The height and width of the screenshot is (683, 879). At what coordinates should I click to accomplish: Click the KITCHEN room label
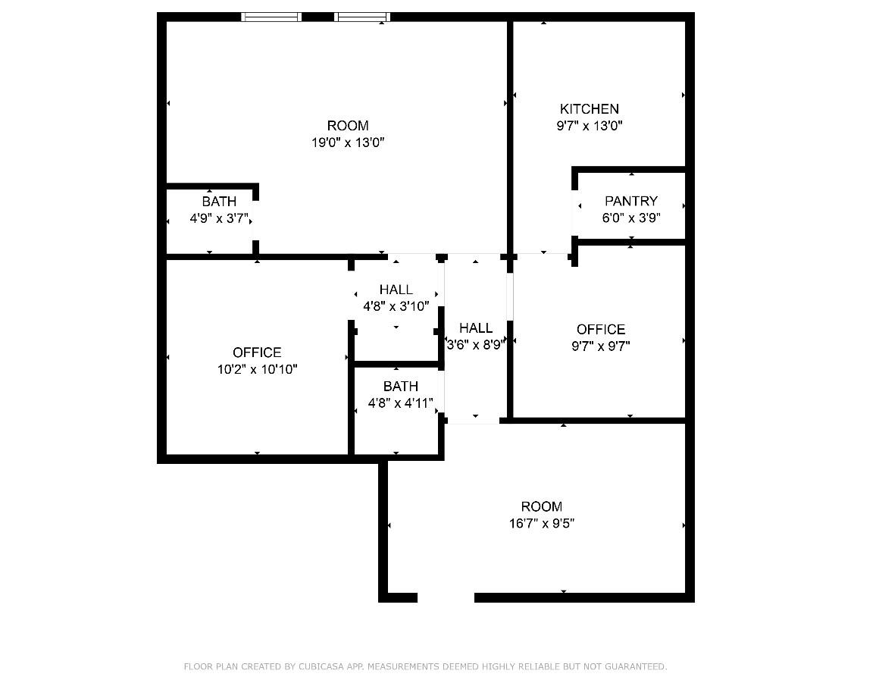(589, 109)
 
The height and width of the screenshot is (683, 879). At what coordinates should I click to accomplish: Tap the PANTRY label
(630, 201)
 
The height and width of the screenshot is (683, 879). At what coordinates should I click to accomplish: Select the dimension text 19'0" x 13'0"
(348, 143)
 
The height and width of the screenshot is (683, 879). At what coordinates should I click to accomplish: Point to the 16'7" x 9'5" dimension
(541, 523)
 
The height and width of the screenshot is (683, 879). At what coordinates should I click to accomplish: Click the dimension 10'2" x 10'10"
(257, 369)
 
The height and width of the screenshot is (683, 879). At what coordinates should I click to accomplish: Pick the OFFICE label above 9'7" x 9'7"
(600, 329)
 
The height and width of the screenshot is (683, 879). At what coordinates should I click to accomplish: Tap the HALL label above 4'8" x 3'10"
(396, 290)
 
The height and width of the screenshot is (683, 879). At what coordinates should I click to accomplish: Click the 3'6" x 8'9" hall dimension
(476, 345)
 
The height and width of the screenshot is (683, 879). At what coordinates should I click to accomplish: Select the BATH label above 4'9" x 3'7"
(219, 202)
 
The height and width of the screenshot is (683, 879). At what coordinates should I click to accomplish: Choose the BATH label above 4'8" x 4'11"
(400, 387)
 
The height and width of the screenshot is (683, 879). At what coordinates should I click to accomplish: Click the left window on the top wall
(271, 17)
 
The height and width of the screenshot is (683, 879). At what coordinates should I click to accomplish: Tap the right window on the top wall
(362, 17)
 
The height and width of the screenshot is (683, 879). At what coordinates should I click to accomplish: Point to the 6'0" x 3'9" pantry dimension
(630, 218)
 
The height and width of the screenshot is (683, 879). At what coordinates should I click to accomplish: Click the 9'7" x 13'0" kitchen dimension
(589, 126)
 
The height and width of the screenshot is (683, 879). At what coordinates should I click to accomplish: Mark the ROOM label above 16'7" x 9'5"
(541, 506)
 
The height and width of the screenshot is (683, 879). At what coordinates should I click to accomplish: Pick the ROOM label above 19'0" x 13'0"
(348, 126)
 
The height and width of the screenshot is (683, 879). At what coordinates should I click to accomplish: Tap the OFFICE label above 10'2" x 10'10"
(257, 352)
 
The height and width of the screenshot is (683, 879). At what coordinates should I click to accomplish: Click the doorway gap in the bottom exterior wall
(446, 597)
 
